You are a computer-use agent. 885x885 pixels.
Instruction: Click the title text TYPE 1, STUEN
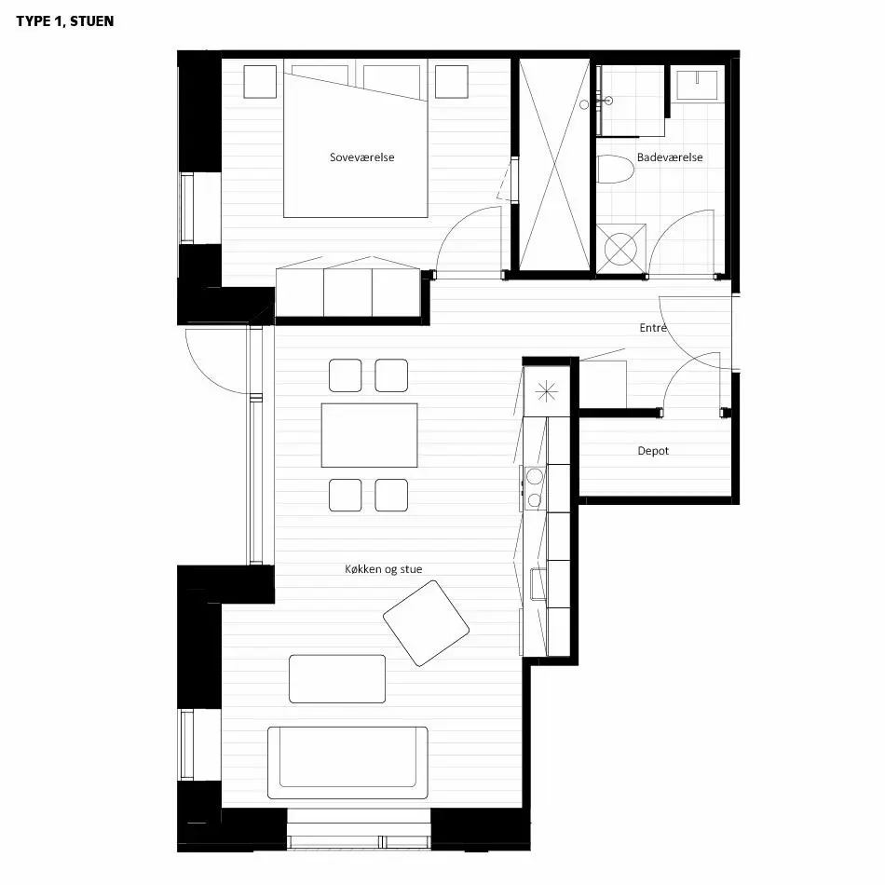[x=65, y=21]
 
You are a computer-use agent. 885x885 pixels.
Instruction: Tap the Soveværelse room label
[x=361, y=157]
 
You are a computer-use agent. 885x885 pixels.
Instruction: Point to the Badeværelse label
[x=670, y=157]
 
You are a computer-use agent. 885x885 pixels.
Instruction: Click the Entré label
[x=653, y=327]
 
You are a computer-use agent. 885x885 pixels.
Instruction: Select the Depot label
[x=653, y=451]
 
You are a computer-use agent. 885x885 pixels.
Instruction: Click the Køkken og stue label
[x=383, y=569]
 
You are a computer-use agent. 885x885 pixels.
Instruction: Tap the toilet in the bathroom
[x=615, y=170]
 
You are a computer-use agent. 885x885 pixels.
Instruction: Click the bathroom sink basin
[x=697, y=85]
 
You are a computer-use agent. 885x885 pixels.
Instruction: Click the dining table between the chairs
[x=370, y=435]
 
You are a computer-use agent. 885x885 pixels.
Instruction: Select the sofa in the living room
[x=347, y=763]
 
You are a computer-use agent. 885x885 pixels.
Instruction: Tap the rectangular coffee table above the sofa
[x=337, y=679]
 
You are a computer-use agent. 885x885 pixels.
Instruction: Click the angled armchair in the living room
[x=426, y=623]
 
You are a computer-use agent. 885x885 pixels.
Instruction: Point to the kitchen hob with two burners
[x=535, y=488]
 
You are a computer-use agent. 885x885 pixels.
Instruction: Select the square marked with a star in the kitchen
[x=546, y=391]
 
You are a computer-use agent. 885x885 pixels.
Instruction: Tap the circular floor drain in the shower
[x=620, y=249]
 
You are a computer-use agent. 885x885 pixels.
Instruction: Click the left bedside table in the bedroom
[x=260, y=82]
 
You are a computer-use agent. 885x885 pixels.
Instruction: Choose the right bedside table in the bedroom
[x=452, y=82]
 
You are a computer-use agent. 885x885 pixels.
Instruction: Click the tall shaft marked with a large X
[x=554, y=164]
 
